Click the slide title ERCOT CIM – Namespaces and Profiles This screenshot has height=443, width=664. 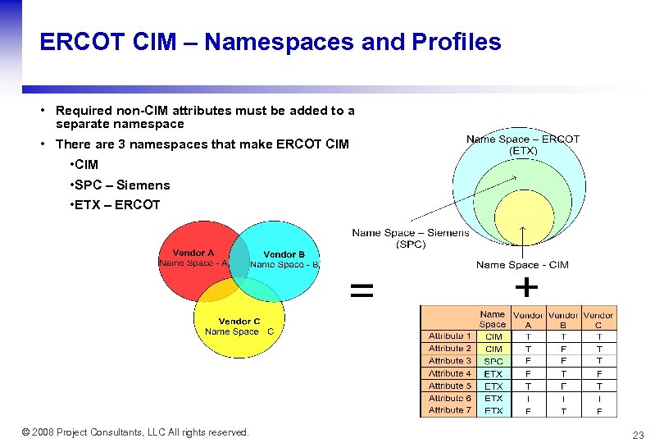270,43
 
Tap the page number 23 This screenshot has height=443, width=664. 638,435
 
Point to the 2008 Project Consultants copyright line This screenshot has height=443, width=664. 135,432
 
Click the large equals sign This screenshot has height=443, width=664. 362,289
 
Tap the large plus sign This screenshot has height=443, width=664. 525,287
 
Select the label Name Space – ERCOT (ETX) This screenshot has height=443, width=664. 523,144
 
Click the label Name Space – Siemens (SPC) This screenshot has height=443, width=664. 410,238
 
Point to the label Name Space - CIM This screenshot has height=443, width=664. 522,264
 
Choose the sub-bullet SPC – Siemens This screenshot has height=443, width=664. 121,185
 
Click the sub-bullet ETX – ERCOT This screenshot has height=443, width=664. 116,204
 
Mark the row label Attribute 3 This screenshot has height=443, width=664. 449,361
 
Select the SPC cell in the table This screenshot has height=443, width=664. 493,361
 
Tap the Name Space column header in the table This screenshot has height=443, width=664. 493,319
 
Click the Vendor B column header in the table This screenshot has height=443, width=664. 563,319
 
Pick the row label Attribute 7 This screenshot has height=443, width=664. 449,410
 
